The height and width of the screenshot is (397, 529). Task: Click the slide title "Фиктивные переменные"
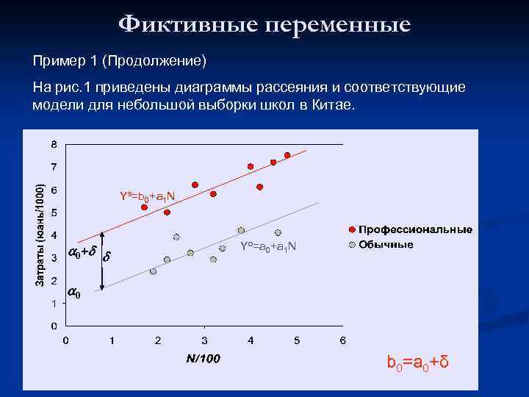click(x=264, y=24)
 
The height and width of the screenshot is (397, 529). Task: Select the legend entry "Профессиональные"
click(x=415, y=229)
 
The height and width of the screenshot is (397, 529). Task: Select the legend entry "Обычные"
click(x=385, y=244)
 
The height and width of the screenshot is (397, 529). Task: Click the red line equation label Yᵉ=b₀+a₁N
click(x=147, y=196)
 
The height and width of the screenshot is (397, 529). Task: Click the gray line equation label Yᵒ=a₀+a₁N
click(x=268, y=246)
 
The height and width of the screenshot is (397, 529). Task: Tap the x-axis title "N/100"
click(x=203, y=359)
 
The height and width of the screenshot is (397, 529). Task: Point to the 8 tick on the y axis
click(x=54, y=143)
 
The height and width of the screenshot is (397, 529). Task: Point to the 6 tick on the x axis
click(x=343, y=340)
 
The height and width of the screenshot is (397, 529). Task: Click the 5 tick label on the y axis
click(x=54, y=212)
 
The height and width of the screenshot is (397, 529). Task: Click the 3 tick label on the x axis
click(x=204, y=340)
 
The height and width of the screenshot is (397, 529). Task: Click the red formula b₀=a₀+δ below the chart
click(x=417, y=363)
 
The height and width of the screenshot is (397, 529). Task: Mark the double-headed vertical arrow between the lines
click(x=103, y=261)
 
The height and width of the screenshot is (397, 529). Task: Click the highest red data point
click(x=287, y=155)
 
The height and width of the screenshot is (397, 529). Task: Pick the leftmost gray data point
click(x=153, y=271)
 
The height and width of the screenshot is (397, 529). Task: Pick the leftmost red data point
click(x=145, y=207)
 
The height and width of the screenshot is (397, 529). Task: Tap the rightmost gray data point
click(x=278, y=233)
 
